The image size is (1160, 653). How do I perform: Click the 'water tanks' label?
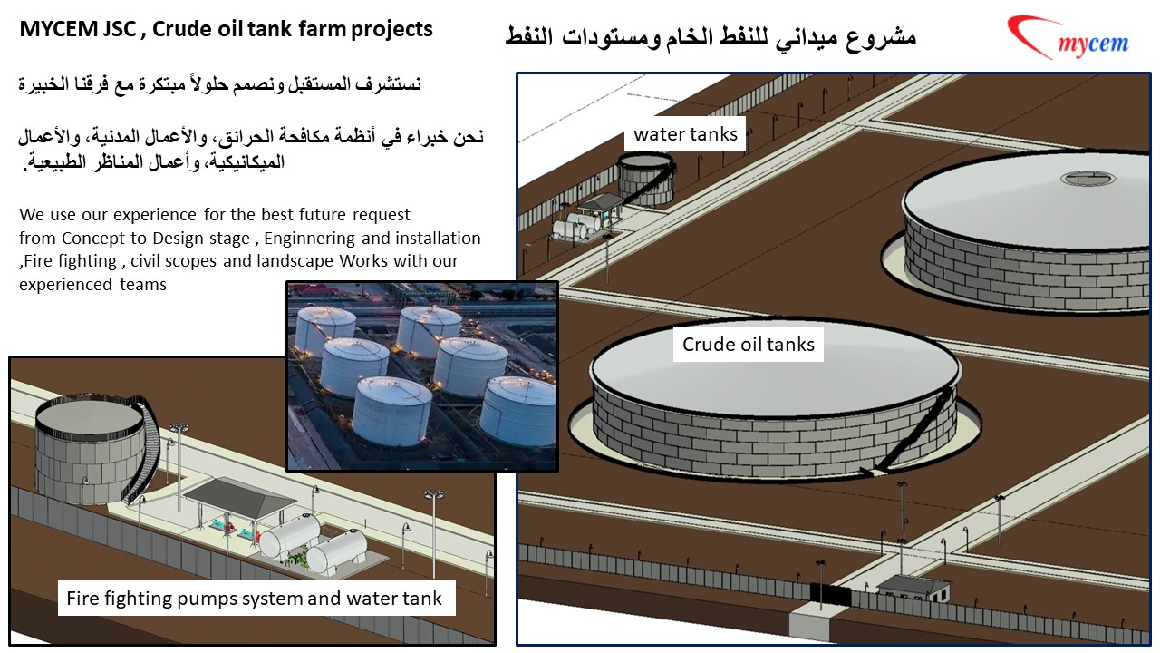tap(686, 135)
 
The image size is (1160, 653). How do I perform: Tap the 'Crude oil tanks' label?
tap(748, 345)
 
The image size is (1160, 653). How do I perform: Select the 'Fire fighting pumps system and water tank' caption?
tap(255, 599)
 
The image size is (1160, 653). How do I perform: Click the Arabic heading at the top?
tap(710, 37)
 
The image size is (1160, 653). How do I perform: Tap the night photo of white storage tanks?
tap(421, 375)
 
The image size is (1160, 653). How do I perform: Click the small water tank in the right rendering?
tap(646, 178)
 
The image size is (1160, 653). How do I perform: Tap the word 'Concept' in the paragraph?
tap(90, 239)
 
